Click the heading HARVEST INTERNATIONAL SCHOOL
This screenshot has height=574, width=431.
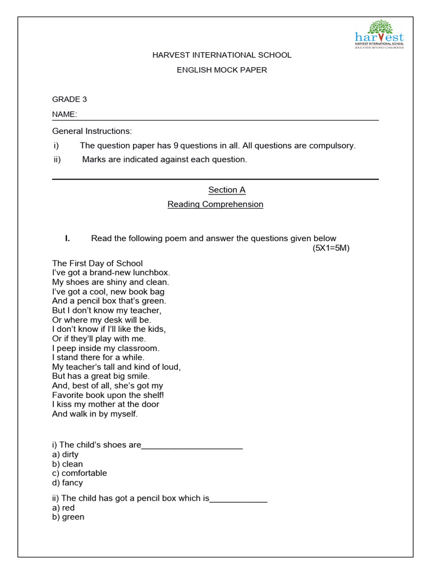coord(222,55)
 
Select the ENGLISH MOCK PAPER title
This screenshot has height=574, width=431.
coord(222,70)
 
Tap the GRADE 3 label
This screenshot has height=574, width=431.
coord(70,99)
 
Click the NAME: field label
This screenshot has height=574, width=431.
coord(65,114)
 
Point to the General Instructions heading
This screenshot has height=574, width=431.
coord(92,131)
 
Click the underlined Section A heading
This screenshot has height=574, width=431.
coord(227,190)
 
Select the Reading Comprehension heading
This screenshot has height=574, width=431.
coord(215,204)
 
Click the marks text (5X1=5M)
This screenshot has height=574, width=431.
coord(331,248)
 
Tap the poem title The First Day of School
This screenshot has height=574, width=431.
coord(98,263)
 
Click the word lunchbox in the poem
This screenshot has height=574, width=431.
coord(150,272)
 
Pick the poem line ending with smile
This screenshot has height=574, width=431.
coord(101,376)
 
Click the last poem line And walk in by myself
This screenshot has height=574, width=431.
coord(95,414)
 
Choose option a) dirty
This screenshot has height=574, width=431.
coord(65,455)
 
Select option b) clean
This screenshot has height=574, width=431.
coord(67,464)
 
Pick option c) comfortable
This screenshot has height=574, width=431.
coord(79,473)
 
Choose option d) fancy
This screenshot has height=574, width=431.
coord(67,483)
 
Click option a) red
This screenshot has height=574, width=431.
coord(63,508)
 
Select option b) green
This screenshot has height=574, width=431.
coord(68,517)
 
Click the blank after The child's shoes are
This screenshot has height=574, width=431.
coord(192,446)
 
